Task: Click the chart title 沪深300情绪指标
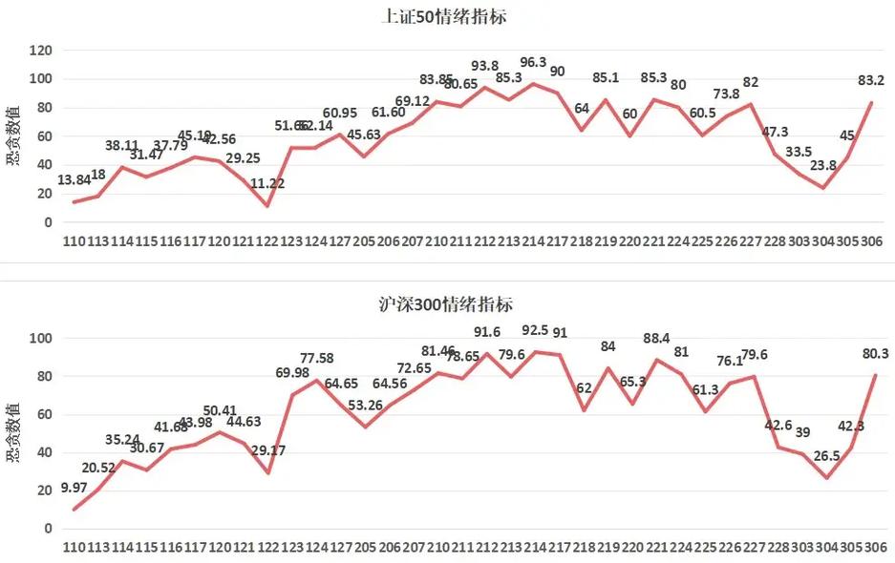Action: [x=447, y=305]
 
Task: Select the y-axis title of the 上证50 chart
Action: [x=12, y=136]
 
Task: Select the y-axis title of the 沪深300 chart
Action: [x=12, y=433]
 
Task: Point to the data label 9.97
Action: [x=75, y=489]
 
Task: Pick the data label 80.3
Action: [x=874, y=354]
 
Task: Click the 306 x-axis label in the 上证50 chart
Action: [x=870, y=242]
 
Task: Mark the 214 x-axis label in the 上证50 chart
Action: [x=535, y=242]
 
